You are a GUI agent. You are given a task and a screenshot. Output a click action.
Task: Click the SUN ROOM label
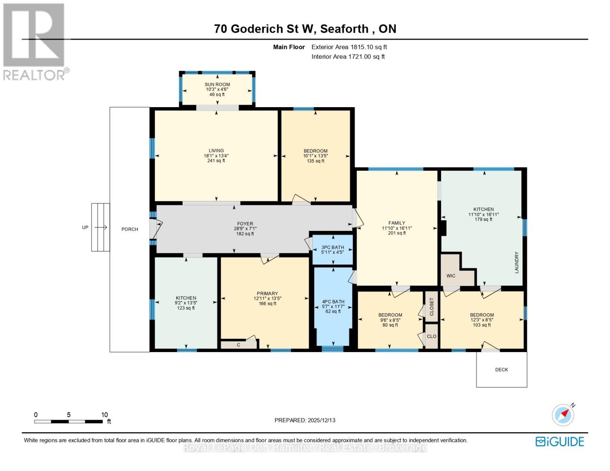(x=217, y=84)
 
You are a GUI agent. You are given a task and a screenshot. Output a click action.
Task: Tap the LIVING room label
(x=216, y=151)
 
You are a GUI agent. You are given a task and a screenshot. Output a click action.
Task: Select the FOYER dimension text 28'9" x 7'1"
(x=245, y=229)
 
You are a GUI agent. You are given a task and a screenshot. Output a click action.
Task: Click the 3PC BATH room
(x=333, y=250)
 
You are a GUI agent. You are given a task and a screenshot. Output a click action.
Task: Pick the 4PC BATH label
(x=333, y=302)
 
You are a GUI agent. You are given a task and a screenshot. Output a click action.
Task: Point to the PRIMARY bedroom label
(x=267, y=294)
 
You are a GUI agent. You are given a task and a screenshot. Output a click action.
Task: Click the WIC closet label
(x=451, y=276)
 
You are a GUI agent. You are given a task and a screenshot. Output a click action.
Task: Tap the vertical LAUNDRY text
(x=517, y=263)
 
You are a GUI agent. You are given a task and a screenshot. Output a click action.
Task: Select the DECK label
(x=502, y=370)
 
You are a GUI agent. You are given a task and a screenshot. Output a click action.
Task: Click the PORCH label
(x=130, y=229)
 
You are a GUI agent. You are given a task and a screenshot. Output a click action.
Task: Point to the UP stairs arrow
(x=101, y=227)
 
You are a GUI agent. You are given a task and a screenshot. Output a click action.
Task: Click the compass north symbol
(x=563, y=414)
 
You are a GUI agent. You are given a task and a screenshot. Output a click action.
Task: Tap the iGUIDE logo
(x=560, y=442)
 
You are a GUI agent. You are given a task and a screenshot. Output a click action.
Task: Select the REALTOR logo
(x=35, y=41)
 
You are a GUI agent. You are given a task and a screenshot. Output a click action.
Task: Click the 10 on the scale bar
(x=104, y=415)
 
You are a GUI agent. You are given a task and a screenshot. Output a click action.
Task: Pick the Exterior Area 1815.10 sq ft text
(x=349, y=47)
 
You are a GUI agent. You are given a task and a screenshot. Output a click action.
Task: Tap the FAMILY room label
(x=396, y=223)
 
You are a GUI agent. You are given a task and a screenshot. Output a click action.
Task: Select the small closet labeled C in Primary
(x=238, y=345)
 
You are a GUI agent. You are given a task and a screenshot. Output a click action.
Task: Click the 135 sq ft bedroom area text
(x=315, y=161)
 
